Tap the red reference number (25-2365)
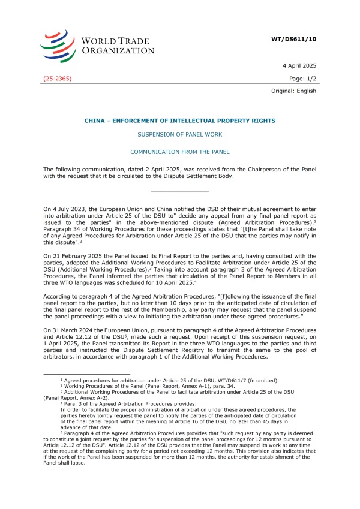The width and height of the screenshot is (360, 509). pyautogui.click(x=58, y=79)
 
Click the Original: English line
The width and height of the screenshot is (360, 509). pyautogui.click(x=293, y=91)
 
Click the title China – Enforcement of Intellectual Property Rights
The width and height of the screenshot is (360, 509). pyautogui.click(x=179, y=121)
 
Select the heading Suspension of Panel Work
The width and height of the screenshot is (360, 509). pyautogui.click(x=179, y=136)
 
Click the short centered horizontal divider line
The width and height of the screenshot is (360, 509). pyautogui.click(x=179, y=191)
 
